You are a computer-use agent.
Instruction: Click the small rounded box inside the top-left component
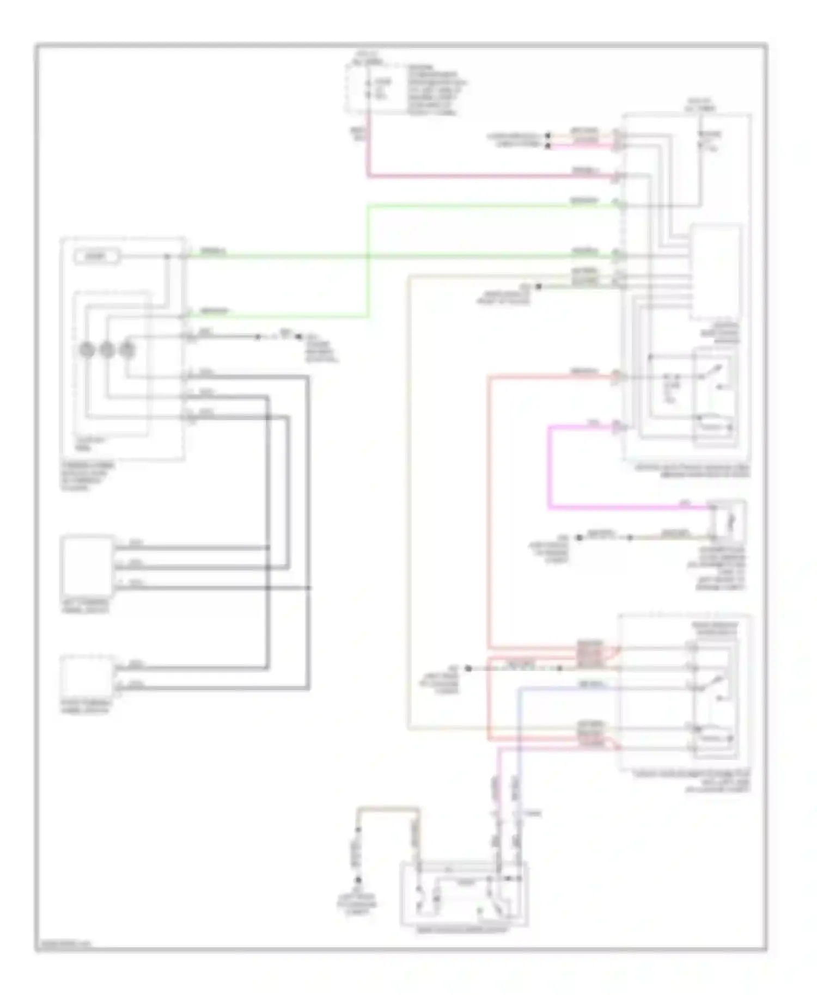click(97, 256)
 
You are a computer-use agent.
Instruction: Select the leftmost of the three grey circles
click(87, 349)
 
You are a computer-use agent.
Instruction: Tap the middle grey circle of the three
click(107, 349)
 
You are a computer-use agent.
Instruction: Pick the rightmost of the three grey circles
click(127, 349)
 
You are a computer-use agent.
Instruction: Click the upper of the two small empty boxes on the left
click(88, 567)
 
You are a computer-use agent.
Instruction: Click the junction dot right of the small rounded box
click(167, 256)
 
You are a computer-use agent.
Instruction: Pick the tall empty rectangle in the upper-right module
click(716, 272)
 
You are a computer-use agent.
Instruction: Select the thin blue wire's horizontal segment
click(566, 689)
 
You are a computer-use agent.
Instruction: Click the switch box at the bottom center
click(464, 893)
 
